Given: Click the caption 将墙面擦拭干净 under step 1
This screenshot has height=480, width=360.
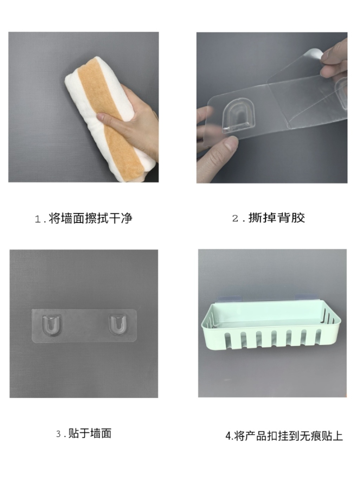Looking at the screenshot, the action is pos(90,218).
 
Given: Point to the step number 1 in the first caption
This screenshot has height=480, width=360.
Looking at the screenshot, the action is pos(38,219).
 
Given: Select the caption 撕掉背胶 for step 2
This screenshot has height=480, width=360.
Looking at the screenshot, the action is pos(276,218).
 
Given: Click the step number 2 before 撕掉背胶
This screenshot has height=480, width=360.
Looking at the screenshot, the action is pos(235,218).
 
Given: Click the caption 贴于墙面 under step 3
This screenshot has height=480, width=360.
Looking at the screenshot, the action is pos(90,433).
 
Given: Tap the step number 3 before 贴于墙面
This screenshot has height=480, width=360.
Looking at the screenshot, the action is pos(58,434).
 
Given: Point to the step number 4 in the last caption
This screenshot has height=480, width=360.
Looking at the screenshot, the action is pos(228,436).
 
